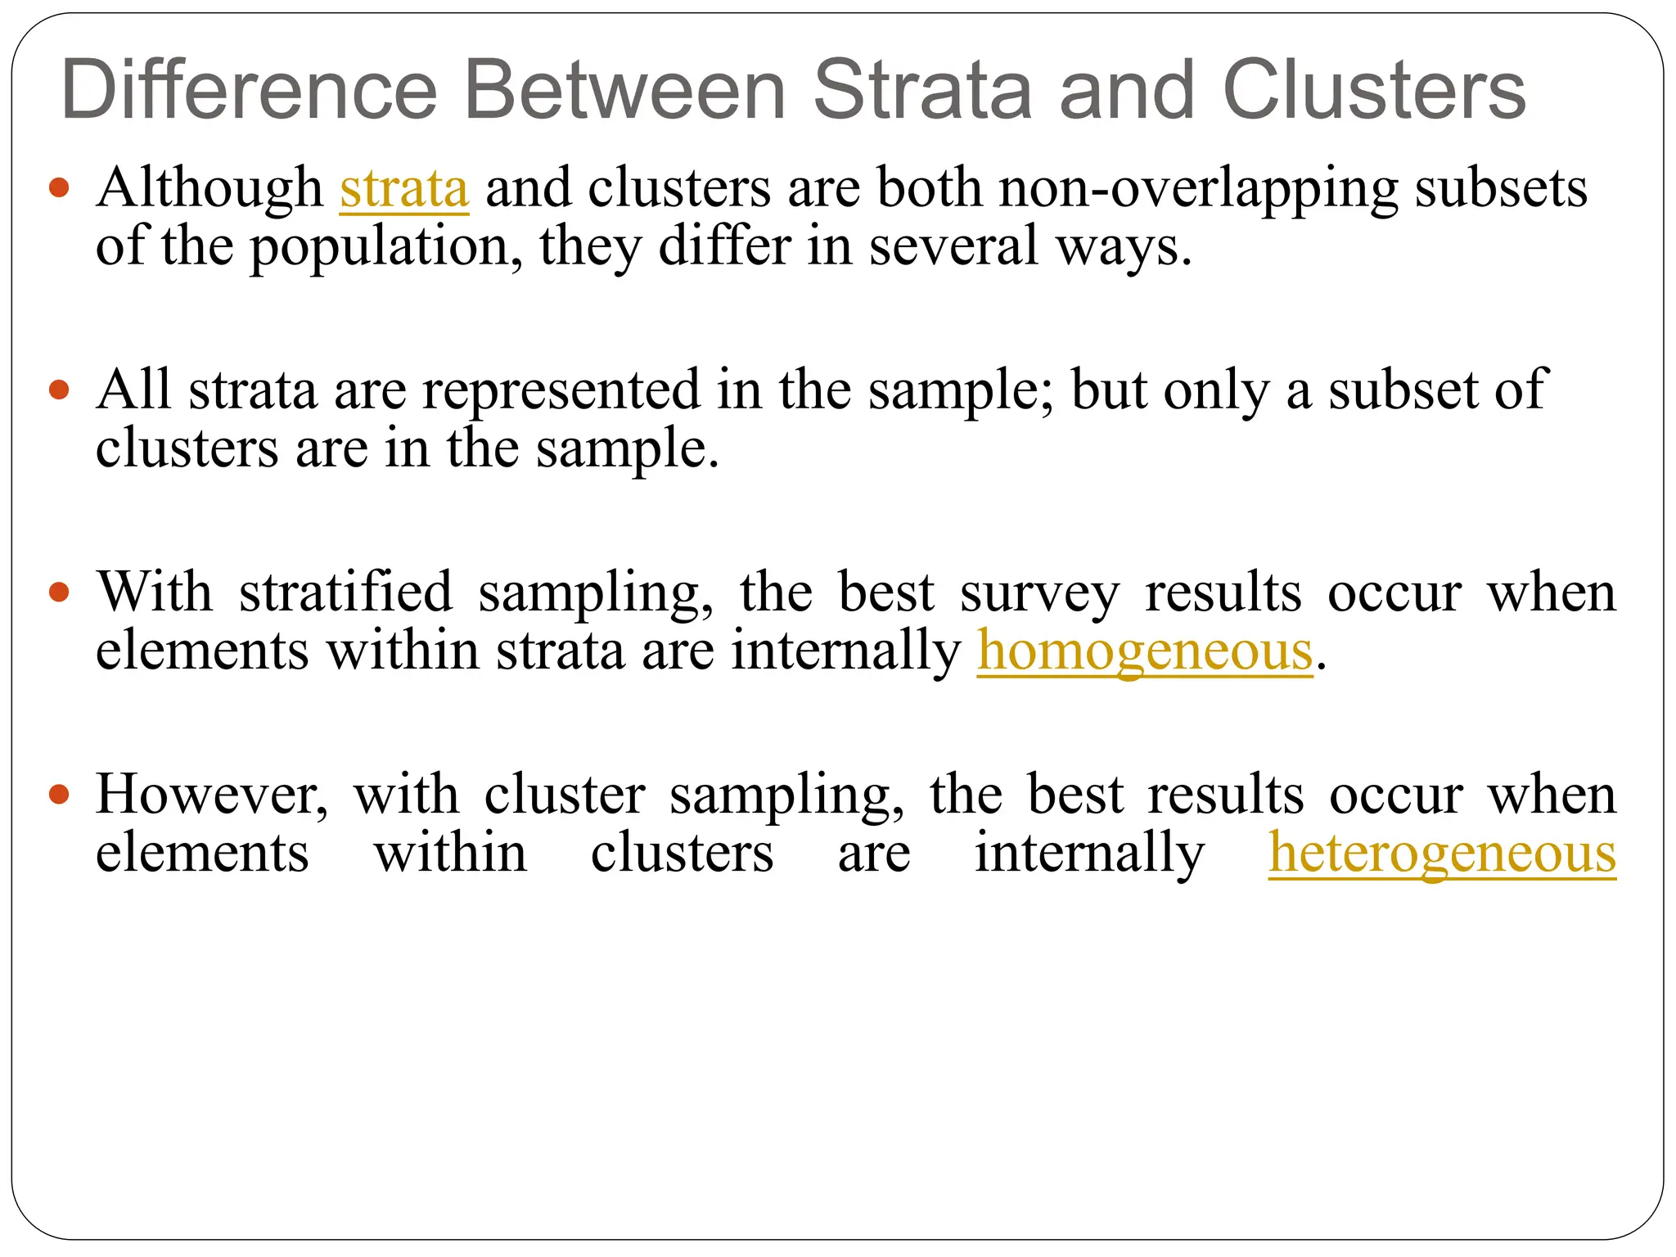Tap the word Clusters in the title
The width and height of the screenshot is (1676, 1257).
[1374, 90]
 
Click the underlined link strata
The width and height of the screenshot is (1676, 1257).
[404, 188]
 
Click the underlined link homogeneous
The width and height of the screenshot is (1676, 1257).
[1144, 651]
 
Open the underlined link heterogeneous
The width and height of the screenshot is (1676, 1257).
[1442, 854]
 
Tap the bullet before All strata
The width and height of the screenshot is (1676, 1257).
[59, 390]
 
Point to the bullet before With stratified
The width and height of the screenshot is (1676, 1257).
[59, 592]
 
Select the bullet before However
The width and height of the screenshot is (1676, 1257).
[59, 794]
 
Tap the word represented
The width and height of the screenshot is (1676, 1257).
[561, 390]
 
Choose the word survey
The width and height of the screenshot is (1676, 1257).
[1038, 592]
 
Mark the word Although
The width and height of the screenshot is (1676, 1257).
[209, 189]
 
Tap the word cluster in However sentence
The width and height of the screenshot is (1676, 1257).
[565, 795]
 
